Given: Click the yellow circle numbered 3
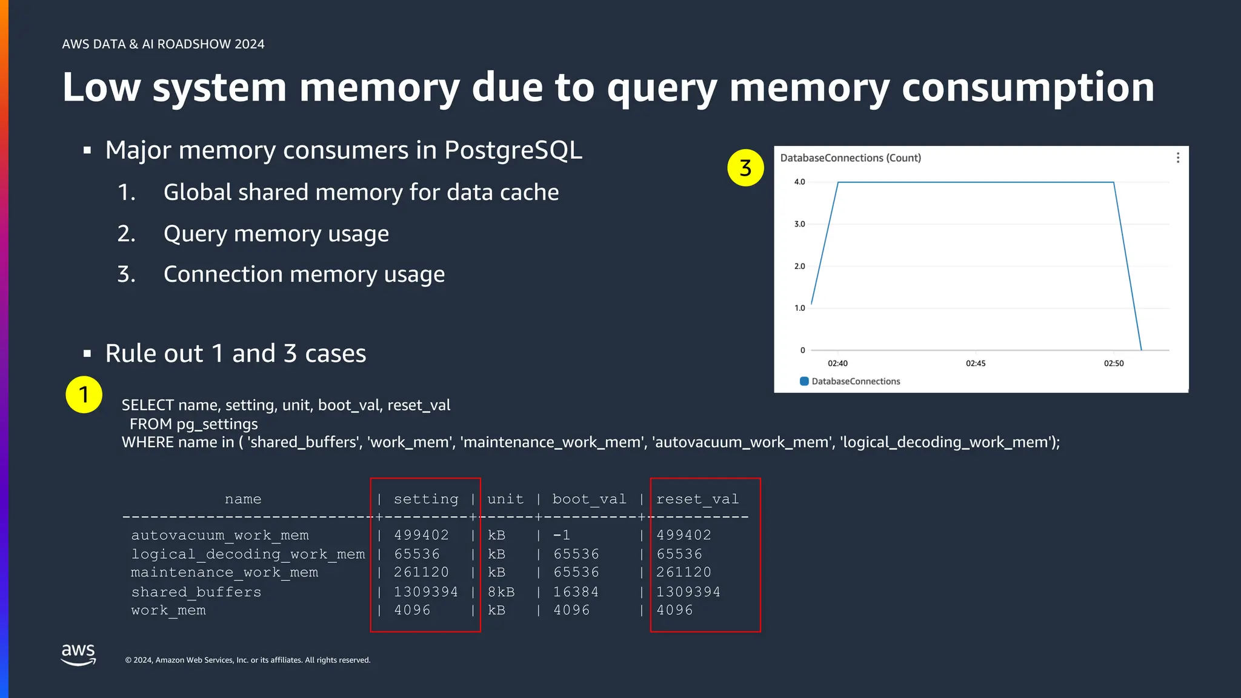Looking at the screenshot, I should point(745,168).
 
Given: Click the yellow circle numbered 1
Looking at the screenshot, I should point(84,395).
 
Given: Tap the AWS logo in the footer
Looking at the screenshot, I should point(78,654).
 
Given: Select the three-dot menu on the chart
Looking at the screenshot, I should point(1177,158).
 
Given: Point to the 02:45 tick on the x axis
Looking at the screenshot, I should point(976,364).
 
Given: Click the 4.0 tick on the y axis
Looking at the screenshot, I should point(799,182).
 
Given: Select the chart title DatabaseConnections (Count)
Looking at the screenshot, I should point(850,158).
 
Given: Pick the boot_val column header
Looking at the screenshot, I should point(589,499).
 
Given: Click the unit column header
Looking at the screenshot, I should point(505,499).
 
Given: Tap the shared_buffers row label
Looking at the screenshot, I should point(196,592).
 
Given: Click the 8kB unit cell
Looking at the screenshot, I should point(501,592).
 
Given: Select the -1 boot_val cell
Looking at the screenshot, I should point(561,536).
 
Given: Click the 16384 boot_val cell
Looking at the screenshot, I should point(576,592).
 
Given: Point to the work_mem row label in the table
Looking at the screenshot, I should point(168,611).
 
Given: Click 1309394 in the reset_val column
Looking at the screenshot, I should point(688,592).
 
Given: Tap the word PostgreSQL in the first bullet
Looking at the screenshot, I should point(513,150).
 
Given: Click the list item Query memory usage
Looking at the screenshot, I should point(276,234).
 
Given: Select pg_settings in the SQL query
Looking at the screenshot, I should point(217,424).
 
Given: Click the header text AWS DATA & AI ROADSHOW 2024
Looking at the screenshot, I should point(163,44).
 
